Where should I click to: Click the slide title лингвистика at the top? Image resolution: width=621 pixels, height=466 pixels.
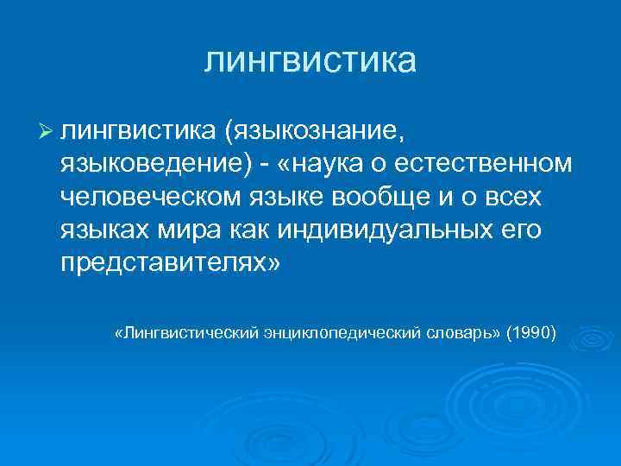(310, 61)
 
